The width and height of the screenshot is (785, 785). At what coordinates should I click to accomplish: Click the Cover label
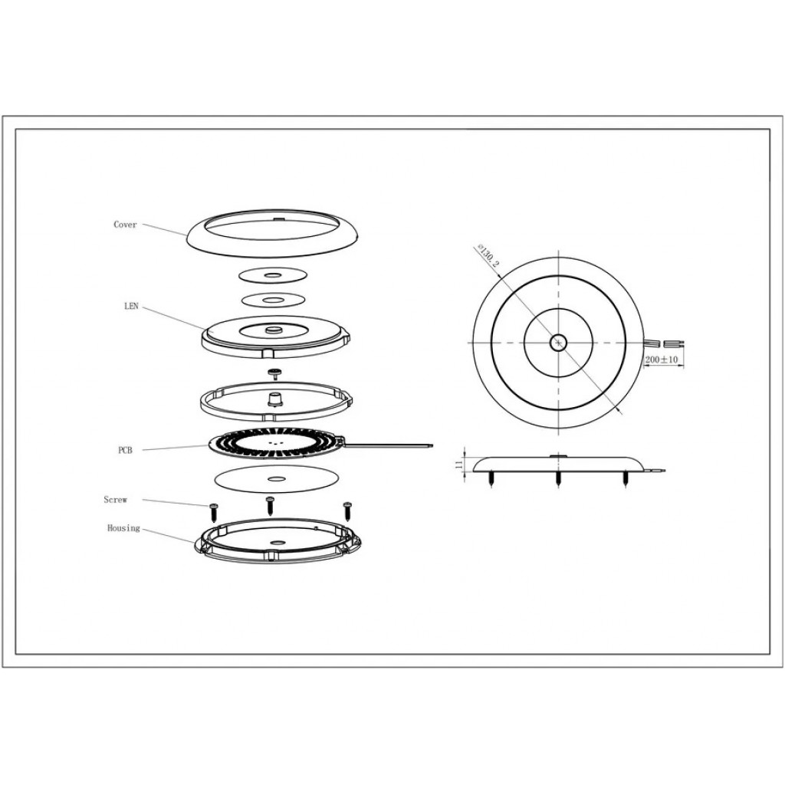tap(125, 225)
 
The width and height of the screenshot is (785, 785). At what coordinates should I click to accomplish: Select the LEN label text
tap(131, 306)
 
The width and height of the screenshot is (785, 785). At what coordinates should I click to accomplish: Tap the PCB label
tap(125, 451)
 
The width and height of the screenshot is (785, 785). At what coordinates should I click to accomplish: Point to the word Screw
tap(116, 500)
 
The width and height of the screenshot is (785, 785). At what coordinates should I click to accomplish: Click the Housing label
tap(123, 528)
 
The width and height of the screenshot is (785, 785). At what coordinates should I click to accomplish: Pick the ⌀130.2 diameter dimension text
tap(488, 255)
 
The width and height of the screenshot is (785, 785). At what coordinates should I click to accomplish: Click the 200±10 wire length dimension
tap(661, 360)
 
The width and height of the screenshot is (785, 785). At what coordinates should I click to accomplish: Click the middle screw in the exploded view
tap(271, 506)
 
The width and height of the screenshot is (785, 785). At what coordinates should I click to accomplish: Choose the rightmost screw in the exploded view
tap(347, 511)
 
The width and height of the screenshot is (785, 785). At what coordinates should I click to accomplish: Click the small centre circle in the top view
tap(557, 343)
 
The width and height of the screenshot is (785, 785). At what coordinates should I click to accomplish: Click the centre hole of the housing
tap(276, 543)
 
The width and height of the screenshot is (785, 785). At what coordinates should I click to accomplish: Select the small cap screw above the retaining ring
tap(274, 372)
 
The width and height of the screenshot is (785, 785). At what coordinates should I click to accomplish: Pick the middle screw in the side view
tap(558, 479)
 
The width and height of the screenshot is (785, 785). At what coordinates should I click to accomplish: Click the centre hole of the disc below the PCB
tap(274, 479)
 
